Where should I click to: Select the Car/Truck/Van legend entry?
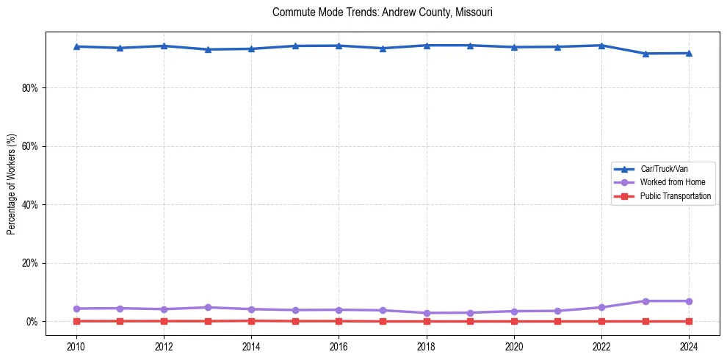click(664, 169)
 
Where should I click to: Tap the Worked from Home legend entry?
click(672, 182)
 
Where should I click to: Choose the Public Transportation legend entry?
click(675, 196)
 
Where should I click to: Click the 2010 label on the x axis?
click(76, 345)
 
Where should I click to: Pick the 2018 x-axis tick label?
click(427, 345)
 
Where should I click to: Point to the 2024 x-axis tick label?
click(689, 345)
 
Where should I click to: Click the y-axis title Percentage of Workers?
click(12, 184)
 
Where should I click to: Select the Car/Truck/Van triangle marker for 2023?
click(645, 54)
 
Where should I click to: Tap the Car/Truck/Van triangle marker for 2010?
click(76, 46)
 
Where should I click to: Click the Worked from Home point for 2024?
click(689, 301)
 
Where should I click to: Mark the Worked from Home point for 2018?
click(427, 313)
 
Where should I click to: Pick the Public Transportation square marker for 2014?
click(251, 320)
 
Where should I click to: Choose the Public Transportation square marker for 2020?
click(514, 321)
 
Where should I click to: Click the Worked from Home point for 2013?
click(208, 307)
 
